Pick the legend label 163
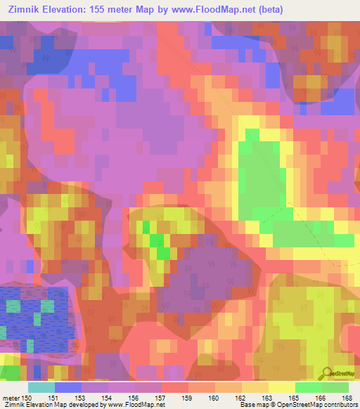pos(269,398)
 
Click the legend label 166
pos(322,398)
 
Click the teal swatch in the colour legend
pos(41,387)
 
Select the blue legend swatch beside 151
pos(67,387)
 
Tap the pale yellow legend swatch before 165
pos(282,387)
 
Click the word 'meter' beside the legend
pos(11,398)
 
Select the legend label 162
pos(242,398)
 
